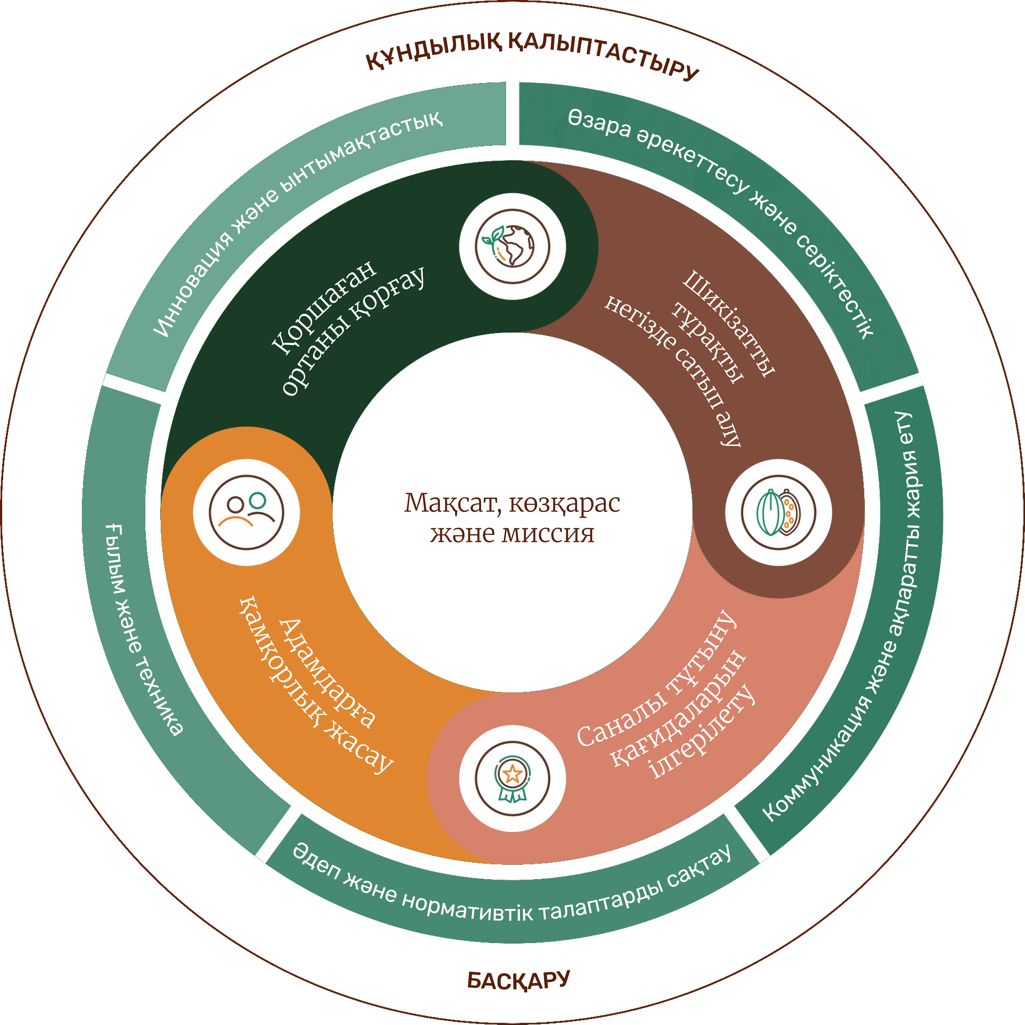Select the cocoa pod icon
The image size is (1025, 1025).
pyautogui.click(x=778, y=512)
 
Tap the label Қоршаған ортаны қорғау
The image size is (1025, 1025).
pyautogui.click(x=348, y=329)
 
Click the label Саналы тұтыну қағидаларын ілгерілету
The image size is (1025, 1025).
pyautogui.click(x=668, y=700)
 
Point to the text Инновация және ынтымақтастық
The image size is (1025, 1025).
pyautogui.click(x=297, y=223)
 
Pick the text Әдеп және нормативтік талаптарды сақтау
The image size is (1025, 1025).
pyautogui.click(x=512, y=897)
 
